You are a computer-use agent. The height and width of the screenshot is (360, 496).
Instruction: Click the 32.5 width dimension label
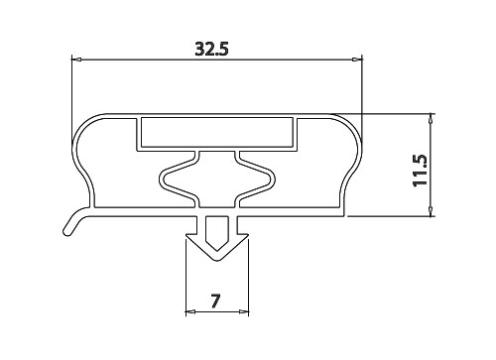point(211,49)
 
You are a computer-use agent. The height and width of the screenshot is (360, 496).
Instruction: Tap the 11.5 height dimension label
point(421,171)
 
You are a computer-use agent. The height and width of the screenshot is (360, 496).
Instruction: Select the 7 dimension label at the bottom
point(215,301)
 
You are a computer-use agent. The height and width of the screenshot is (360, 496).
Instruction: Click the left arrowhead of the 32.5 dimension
point(76,60)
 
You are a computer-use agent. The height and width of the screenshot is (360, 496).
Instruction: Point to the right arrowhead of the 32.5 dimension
point(357,60)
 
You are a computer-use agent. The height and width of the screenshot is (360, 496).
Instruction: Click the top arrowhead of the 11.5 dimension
point(431,119)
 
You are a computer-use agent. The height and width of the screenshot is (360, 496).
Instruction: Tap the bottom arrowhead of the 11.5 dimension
point(431,211)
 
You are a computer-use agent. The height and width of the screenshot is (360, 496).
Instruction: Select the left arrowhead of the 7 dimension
point(190,311)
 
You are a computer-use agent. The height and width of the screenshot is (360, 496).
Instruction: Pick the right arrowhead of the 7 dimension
point(243,311)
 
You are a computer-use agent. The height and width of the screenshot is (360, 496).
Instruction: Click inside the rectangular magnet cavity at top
point(217,132)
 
